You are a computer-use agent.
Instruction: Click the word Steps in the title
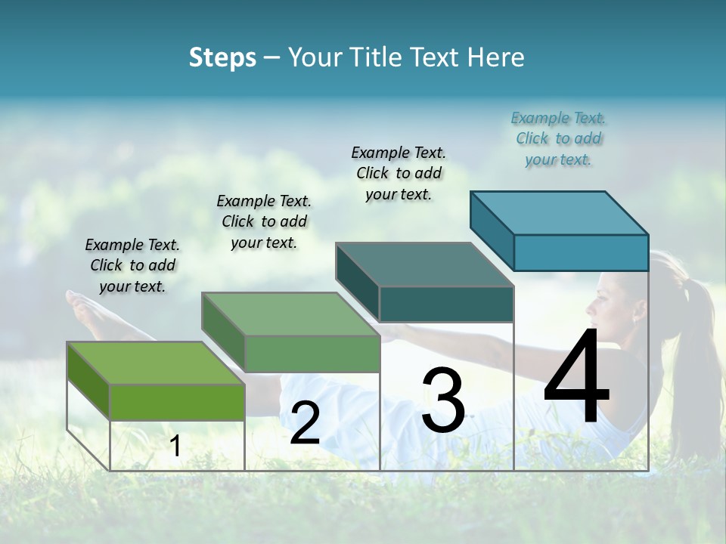[222, 57]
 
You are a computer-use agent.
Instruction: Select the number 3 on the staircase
[443, 400]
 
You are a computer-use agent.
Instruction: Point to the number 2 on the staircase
[305, 423]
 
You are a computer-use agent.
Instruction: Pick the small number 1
[175, 446]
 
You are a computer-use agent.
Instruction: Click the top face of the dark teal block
[425, 264]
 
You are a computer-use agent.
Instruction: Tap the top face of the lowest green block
[156, 363]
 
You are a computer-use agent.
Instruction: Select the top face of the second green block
[290, 314]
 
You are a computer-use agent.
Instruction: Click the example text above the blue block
[559, 138]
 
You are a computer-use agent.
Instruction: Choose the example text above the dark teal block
[399, 173]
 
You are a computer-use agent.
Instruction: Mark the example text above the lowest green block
[132, 265]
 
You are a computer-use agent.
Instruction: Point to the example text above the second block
[264, 221]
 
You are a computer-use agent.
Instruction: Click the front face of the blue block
[581, 252]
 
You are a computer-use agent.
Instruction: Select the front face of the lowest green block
[177, 402]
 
